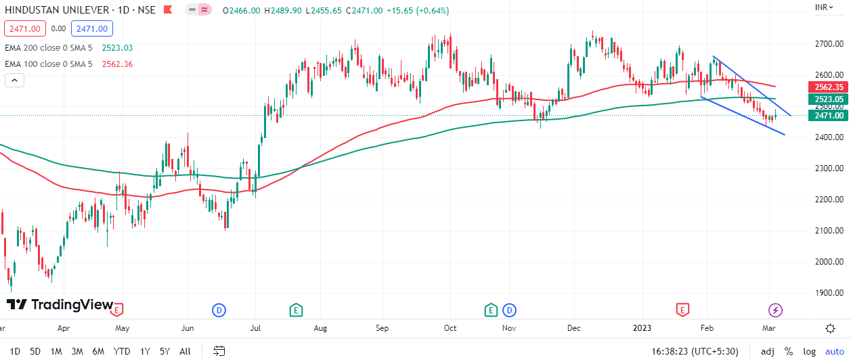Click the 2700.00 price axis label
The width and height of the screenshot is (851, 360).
point(828,44)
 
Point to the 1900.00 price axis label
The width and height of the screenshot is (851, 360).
point(828,293)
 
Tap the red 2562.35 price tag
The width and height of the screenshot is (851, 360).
point(828,87)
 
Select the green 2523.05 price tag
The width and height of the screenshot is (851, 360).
point(828,99)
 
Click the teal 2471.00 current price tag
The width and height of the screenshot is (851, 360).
point(828,116)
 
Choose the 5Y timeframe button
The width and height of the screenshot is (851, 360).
point(165,351)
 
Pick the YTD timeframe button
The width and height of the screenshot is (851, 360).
point(122,351)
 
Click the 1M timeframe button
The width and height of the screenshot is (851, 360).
point(56,351)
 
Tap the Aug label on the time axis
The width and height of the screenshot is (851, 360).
point(320,329)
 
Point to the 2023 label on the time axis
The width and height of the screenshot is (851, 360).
point(642,329)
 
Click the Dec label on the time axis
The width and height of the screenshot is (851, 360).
point(574,329)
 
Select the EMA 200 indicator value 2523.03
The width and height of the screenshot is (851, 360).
point(117,48)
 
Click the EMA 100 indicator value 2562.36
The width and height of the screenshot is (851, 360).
point(117,64)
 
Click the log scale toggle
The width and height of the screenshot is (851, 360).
point(809,351)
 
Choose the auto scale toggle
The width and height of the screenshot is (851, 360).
point(834,351)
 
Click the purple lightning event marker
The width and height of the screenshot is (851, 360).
point(775,310)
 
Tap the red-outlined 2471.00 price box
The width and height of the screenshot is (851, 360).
point(25,28)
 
